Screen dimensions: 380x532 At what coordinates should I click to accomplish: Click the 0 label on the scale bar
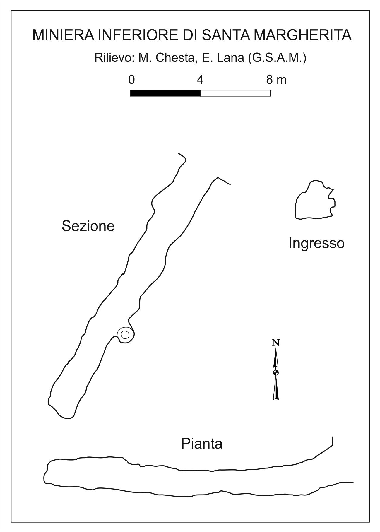131,79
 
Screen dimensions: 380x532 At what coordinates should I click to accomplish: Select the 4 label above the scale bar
200,79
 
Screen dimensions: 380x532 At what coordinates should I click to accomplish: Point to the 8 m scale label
276,79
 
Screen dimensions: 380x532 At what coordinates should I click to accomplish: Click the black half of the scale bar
165,93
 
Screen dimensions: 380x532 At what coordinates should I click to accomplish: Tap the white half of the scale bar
235,93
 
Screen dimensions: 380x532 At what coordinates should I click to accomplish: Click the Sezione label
88,226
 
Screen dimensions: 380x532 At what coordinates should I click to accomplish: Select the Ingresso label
316,243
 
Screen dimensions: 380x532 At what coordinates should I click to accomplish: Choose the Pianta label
202,444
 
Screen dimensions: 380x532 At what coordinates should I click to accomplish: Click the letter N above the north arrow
275,342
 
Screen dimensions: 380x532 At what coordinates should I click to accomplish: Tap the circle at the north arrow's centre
275,372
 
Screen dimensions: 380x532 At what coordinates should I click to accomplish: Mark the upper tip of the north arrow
275,348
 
